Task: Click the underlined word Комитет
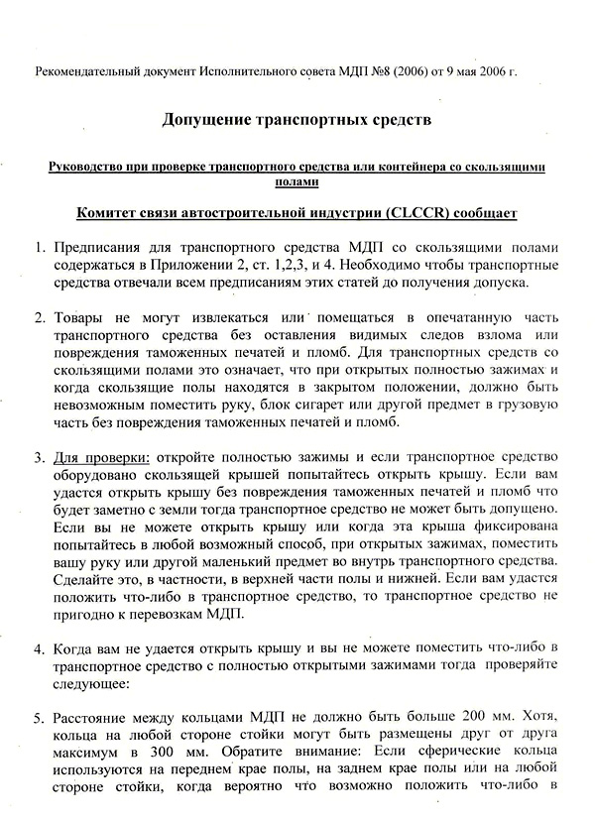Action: click(x=111, y=213)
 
